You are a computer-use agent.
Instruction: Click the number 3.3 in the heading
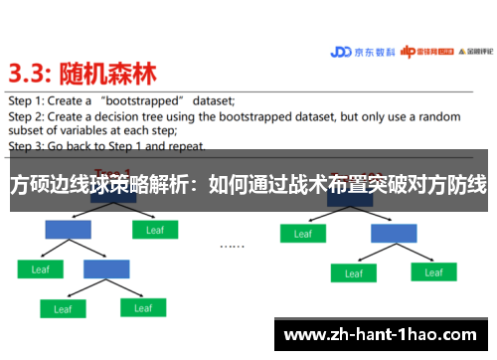(x=32, y=74)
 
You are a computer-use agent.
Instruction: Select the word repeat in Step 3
(x=188, y=145)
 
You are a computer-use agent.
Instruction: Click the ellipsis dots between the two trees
(x=232, y=245)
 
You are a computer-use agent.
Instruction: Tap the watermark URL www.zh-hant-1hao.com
(x=383, y=334)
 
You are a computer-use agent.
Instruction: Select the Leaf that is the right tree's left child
(x=302, y=235)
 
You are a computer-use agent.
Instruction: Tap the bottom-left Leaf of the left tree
(x=63, y=309)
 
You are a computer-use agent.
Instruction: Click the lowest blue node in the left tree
(x=106, y=269)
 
